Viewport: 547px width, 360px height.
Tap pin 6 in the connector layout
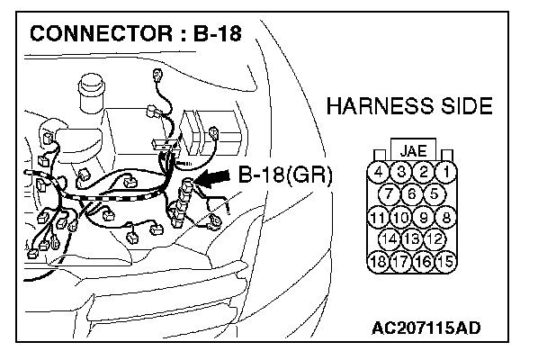click(x=413, y=193)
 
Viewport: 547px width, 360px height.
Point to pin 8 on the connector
click(x=445, y=217)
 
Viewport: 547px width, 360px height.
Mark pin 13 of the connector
click(x=413, y=239)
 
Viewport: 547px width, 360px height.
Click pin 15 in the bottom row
click(x=445, y=262)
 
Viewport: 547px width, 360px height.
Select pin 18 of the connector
click(x=380, y=262)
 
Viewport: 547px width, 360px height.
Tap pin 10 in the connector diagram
click(x=401, y=217)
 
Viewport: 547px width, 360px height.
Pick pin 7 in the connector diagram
click(x=391, y=193)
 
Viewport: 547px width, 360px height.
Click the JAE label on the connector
click(x=413, y=150)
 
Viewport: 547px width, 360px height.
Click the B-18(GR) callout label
click(x=285, y=175)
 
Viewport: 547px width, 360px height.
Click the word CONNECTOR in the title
click(x=101, y=36)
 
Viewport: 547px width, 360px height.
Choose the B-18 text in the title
click(x=219, y=36)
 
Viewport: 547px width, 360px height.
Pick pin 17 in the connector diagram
click(x=401, y=262)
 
